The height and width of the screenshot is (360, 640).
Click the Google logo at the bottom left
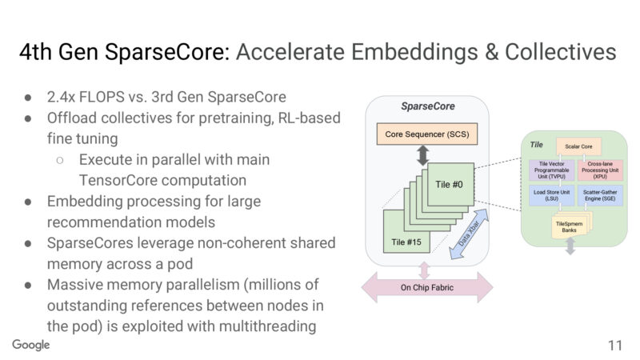tap(31, 344)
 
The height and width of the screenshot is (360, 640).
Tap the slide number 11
tap(614, 346)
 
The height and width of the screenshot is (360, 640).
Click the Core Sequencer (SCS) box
tap(421, 134)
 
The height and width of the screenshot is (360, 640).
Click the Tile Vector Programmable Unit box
tap(551, 170)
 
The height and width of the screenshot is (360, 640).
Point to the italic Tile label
tap(537, 144)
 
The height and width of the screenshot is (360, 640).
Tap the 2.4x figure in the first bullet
tap(61, 98)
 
